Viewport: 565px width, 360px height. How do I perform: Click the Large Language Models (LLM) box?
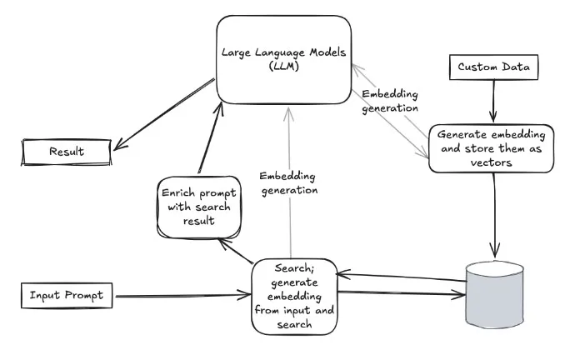point(284,60)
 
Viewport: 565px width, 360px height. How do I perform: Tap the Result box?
point(66,151)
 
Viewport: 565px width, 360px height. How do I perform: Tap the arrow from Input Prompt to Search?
point(183,294)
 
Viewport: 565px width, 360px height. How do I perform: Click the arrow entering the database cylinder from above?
point(497,217)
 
